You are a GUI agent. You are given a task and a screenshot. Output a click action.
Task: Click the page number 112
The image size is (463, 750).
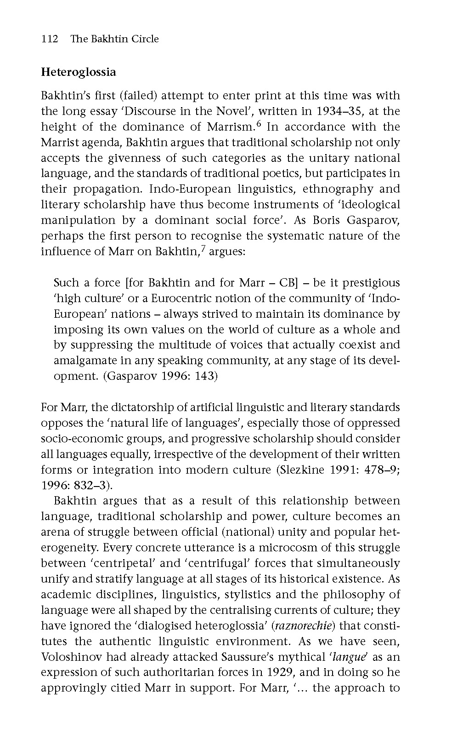pos(50,39)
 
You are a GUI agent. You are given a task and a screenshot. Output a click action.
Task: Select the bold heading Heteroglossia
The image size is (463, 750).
pos(79,72)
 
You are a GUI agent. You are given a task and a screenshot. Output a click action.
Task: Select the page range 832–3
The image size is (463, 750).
pos(90,486)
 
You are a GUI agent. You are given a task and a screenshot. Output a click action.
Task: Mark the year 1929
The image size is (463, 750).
pos(280,673)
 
